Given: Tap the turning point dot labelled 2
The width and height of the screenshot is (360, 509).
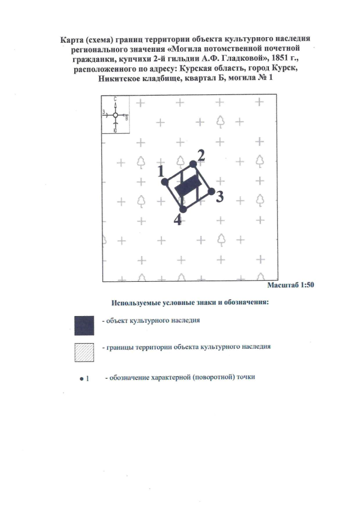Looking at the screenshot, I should [193, 164].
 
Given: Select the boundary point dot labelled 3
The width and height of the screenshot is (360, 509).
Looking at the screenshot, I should [211, 192].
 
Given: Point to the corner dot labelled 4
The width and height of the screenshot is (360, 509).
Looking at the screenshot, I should [183, 209].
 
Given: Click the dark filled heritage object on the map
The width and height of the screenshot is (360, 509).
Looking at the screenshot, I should [188, 186].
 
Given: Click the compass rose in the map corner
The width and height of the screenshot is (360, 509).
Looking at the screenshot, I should [115, 115].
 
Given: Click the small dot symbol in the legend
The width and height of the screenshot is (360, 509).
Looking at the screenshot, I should [82, 378].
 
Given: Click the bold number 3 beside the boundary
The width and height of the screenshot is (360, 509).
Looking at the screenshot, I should [220, 197].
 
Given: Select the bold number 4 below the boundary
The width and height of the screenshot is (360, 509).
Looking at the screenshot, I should [177, 220].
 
